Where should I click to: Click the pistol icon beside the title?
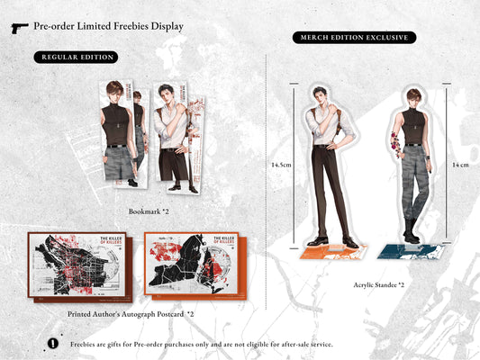(20, 28)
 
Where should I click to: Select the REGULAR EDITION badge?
(77, 57)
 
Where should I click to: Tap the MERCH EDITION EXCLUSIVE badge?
(354, 37)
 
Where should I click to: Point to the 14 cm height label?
(459, 166)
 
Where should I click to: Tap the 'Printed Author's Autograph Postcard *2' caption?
(131, 314)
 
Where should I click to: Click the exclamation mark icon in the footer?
(51, 343)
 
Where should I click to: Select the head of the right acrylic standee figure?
(412, 96)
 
